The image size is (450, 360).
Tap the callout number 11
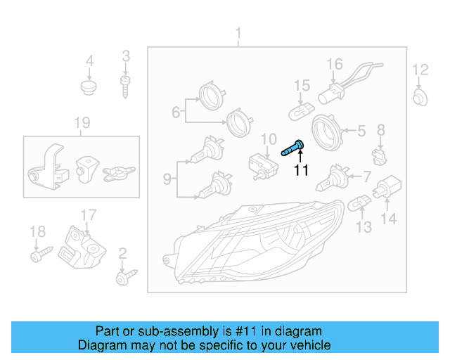point(301,170)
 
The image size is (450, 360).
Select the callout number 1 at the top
point(238,33)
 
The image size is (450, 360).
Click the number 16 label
point(334,65)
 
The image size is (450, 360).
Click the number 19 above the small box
point(82,124)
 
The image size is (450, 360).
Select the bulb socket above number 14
point(385,188)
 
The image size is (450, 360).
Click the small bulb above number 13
point(360,203)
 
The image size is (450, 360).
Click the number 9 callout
point(167,179)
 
